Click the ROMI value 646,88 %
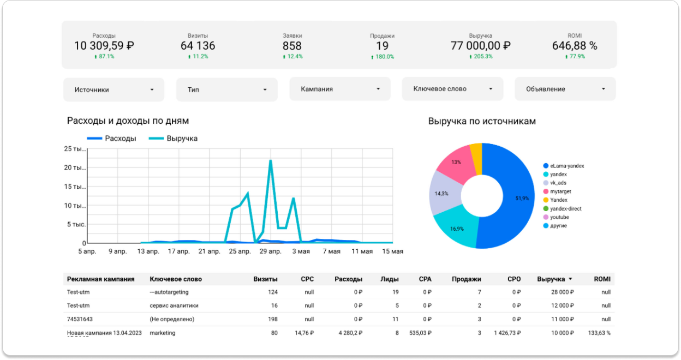[575, 46]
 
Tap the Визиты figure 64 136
[198, 46]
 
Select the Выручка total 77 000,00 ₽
[480, 46]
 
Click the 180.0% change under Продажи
[382, 57]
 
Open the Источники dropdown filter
[113, 89]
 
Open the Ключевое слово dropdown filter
[452, 89]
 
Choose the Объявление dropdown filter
[565, 89]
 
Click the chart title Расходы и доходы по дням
[128, 121]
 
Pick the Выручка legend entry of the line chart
[173, 139]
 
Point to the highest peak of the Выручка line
[271, 160]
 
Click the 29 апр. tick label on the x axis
[271, 251]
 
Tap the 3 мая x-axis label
[301, 251]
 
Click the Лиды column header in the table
[389, 279]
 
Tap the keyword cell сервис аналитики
[174, 305]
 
